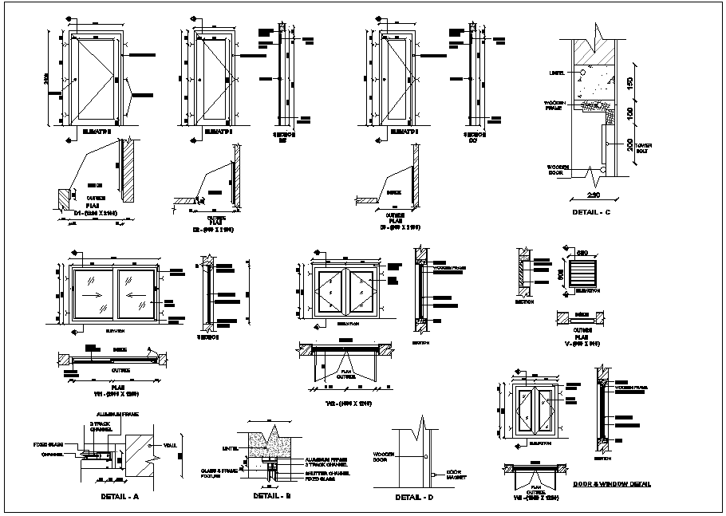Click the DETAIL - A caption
120,496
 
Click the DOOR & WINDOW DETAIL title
612,484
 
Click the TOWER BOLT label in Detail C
644,148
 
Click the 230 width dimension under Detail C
594,196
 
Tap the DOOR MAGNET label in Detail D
456,475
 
